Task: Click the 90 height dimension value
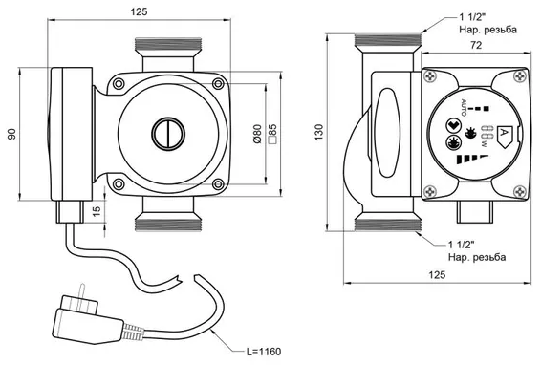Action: pos(12,134)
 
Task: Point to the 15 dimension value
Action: pos(97,210)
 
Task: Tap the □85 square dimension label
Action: pos(272,134)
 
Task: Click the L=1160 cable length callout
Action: pos(264,352)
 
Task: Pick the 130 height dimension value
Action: pos(319,132)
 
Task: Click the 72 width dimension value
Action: pos(476,45)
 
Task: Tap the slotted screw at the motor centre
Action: pos(168,134)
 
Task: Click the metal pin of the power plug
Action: pos(82,293)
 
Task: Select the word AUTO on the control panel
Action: pos(464,108)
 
